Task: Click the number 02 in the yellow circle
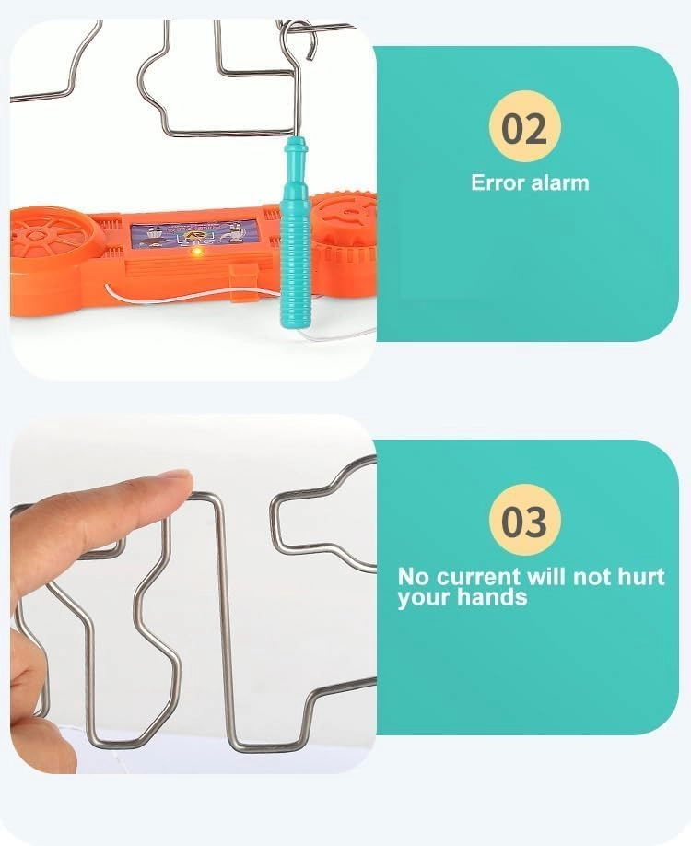[524, 128]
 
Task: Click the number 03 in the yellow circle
[524, 522]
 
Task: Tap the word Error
[498, 182]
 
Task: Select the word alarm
[560, 182]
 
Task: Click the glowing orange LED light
[197, 252]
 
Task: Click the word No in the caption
[413, 577]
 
